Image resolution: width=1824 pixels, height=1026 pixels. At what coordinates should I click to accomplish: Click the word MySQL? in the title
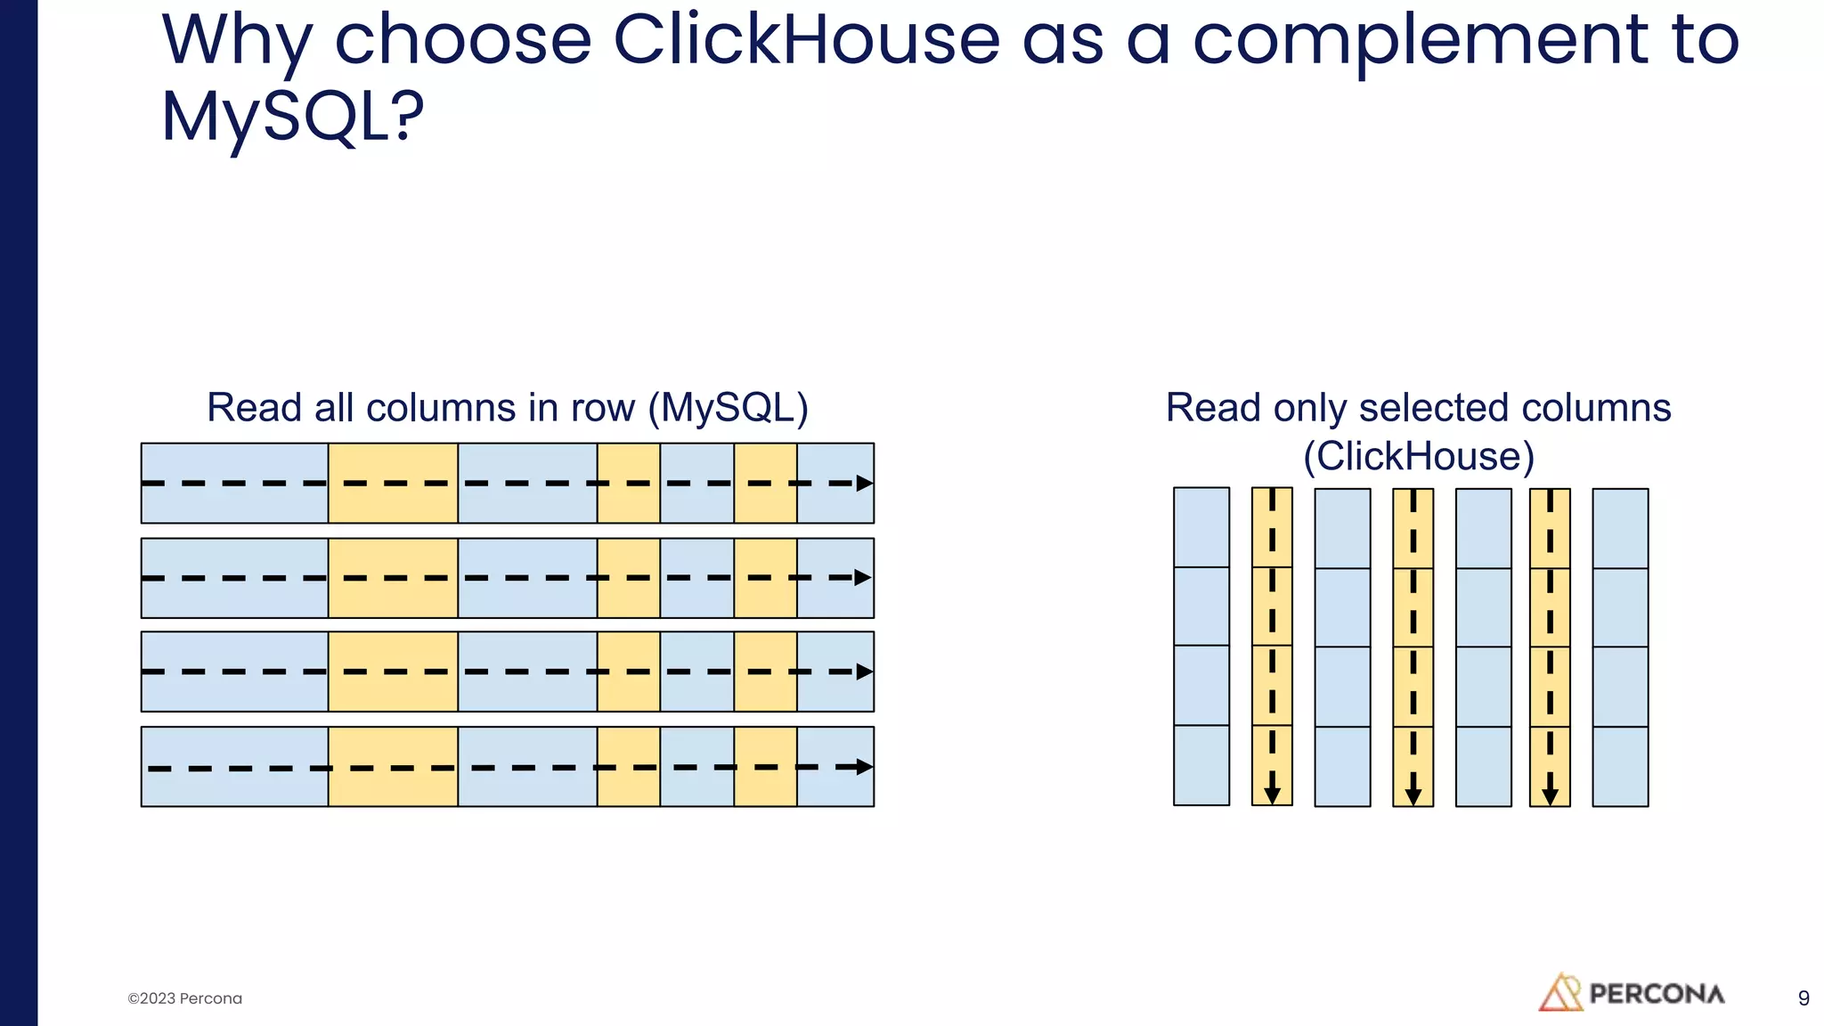point(292,118)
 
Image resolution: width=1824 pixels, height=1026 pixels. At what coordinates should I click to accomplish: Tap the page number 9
point(1804,998)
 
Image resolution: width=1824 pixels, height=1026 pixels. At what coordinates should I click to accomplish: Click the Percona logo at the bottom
point(1632,992)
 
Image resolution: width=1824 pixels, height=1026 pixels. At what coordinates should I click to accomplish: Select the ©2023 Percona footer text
point(184,998)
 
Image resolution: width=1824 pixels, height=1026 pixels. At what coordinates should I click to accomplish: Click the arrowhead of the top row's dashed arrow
point(864,484)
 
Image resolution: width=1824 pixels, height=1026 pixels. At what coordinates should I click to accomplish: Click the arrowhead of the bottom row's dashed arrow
point(864,767)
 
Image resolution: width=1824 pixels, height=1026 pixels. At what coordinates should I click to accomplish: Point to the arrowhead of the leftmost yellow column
point(1272,794)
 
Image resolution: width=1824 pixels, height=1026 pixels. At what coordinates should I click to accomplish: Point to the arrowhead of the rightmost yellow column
point(1550,794)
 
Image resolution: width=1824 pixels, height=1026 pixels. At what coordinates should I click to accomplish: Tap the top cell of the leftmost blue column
point(1201,527)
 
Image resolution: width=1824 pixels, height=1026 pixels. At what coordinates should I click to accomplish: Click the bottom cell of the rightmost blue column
point(1620,766)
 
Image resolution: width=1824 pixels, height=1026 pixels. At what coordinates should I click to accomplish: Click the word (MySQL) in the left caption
point(728,408)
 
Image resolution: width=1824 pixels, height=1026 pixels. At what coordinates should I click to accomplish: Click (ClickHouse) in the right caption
point(1418,456)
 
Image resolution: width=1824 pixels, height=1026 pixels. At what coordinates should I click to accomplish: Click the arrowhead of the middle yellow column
point(1413,794)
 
